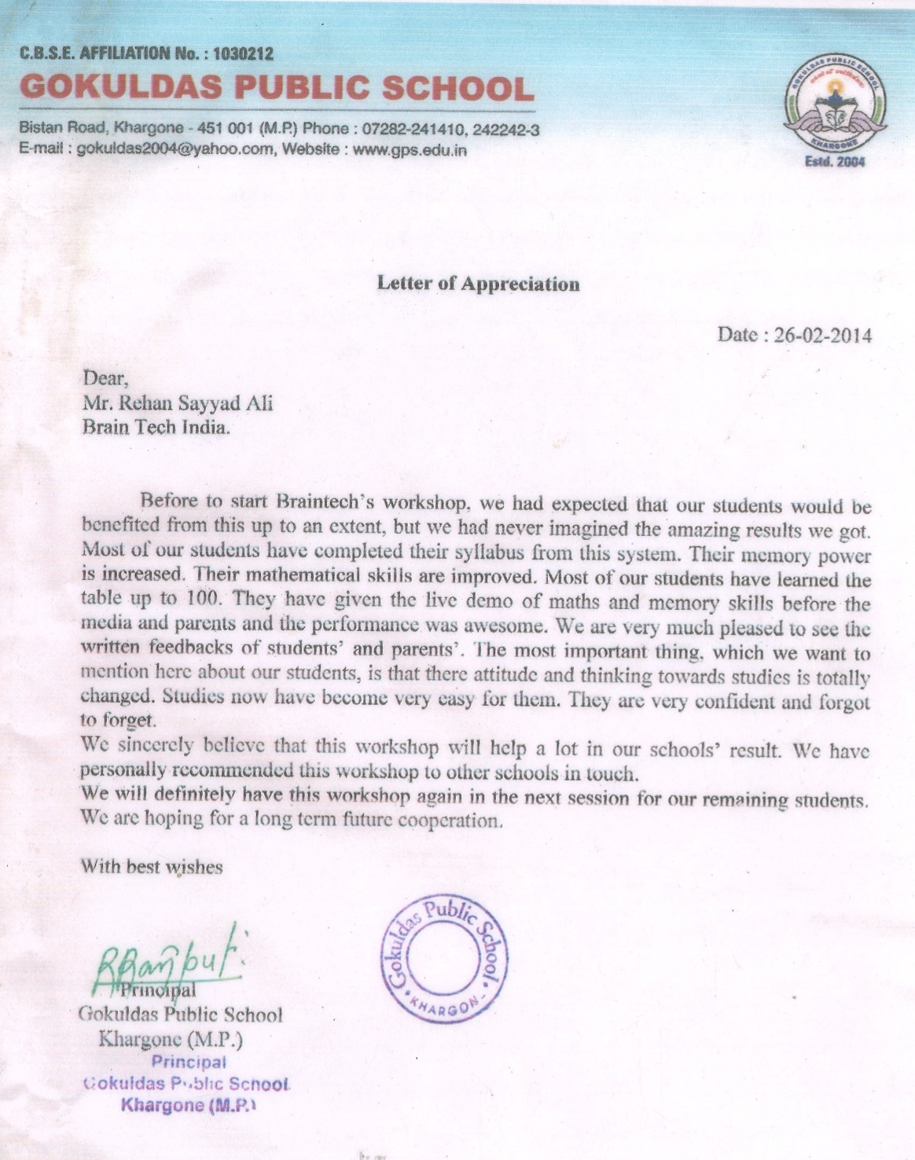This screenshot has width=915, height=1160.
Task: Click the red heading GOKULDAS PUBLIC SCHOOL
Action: coord(276,87)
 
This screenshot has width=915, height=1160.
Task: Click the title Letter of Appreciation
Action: coord(478,284)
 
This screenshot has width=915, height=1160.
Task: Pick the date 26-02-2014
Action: coord(822,335)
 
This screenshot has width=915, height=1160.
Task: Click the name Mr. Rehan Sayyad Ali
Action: coord(178,403)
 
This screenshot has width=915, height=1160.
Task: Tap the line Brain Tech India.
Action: coord(156,428)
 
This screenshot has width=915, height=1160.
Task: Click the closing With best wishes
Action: coord(152,867)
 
